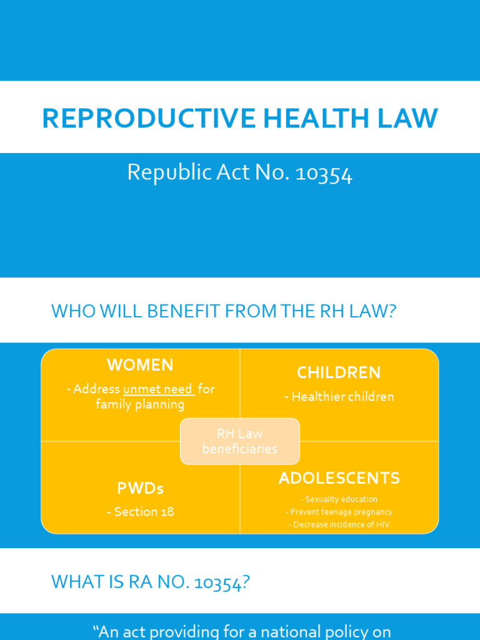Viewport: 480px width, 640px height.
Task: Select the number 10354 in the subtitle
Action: (x=324, y=172)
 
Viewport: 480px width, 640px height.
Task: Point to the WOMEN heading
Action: (x=140, y=365)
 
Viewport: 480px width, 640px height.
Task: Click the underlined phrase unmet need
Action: (x=158, y=389)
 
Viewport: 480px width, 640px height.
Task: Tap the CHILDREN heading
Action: (x=339, y=372)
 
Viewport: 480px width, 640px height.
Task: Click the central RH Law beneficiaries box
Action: (x=240, y=441)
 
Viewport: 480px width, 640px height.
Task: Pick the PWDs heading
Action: (x=140, y=488)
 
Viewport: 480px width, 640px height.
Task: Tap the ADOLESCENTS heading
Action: (x=339, y=479)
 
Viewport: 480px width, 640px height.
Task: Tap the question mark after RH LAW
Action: (x=392, y=311)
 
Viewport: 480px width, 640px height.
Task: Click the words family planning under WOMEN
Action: (x=140, y=404)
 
